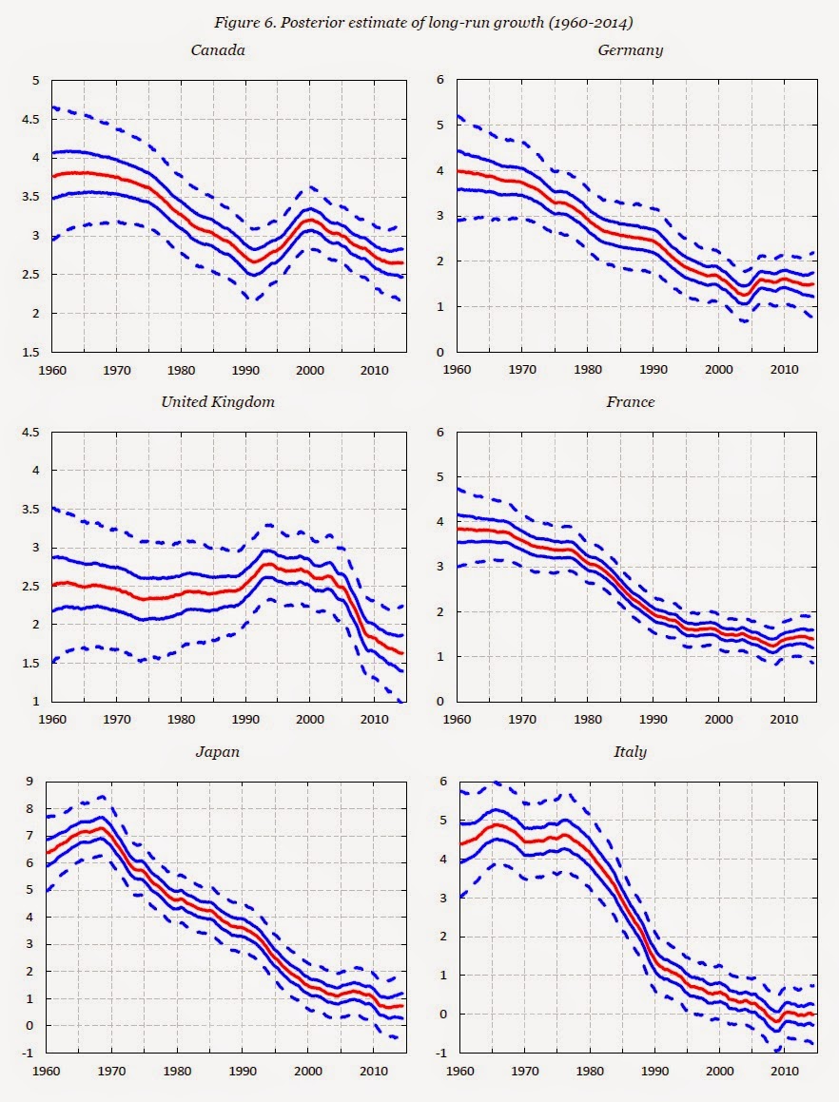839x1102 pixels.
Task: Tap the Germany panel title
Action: (630, 49)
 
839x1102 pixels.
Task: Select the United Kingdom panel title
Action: (218, 401)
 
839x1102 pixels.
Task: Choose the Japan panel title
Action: (217, 751)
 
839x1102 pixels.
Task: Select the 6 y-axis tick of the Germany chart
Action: (440, 81)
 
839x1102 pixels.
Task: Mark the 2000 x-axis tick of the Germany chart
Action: (718, 369)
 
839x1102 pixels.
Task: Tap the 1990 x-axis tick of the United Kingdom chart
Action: (245, 719)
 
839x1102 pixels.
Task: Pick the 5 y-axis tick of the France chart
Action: (440, 476)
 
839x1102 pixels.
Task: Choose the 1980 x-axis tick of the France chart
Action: (588, 719)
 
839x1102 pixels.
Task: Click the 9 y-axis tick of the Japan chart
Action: (29, 782)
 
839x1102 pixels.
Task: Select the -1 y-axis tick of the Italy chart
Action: (439, 1054)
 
